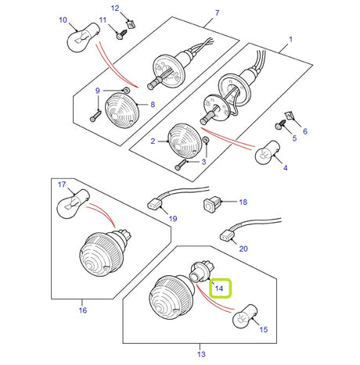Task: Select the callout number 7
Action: pos(217,13)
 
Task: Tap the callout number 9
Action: pos(98,90)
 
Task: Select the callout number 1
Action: pos(290,39)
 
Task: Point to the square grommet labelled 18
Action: pos(209,206)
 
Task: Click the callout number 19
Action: pos(171,220)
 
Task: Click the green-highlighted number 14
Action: pos(220,288)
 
